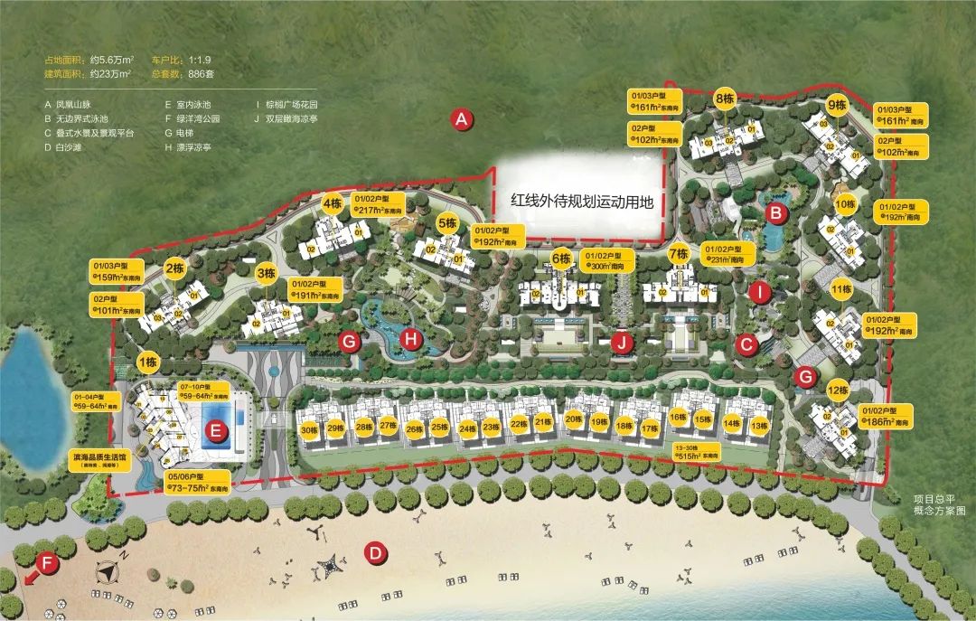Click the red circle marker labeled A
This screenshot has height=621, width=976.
(462, 118)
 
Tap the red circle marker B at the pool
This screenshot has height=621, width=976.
(774, 213)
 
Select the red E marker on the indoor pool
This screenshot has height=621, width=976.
(215, 431)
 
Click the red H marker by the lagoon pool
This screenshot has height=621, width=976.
(411, 340)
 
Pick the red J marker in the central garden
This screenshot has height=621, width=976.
(620, 343)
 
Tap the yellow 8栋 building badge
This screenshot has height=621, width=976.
(724, 99)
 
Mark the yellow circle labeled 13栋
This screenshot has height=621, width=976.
(757, 424)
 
